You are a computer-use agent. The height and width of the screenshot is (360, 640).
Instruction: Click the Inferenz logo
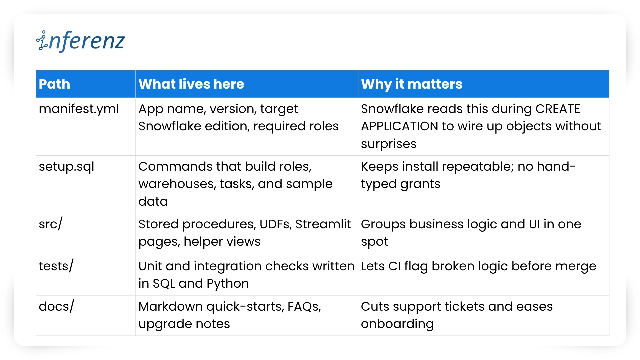pyautogui.click(x=80, y=41)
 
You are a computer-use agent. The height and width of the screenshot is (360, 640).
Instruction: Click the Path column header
pyautogui.click(x=54, y=84)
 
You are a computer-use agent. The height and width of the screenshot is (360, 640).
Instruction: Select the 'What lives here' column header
pyautogui.click(x=191, y=84)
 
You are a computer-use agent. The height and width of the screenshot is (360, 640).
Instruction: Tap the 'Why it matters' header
pyautogui.click(x=412, y=84)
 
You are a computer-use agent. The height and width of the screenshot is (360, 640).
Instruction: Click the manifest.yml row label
pyautogui.click(x=79, y=109)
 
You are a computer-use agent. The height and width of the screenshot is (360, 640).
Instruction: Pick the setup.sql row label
pyautogui.click(x=66, y=167)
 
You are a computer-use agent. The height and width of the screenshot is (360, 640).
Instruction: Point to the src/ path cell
pyautogui.click(x=50, y=224)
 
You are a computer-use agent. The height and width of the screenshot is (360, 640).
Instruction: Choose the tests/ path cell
pyautogui.click(x=56, y=266)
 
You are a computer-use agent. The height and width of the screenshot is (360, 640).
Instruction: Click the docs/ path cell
pyautogui.click(x=56, y=306)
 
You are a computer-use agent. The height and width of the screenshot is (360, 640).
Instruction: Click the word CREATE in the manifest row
pyautogui.click(x=558, y=109)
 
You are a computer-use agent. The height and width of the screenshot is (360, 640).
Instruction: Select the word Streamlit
pyautogui.click(x=323, y=224)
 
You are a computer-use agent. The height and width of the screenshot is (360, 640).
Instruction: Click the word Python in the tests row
pyautogui.click(x=228, y=284)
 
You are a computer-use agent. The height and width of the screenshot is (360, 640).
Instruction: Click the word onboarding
pyautogui.click(x=397, y=324)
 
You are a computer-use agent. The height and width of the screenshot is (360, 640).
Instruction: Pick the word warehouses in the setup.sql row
pyautogui.click(x=177, y=184)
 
